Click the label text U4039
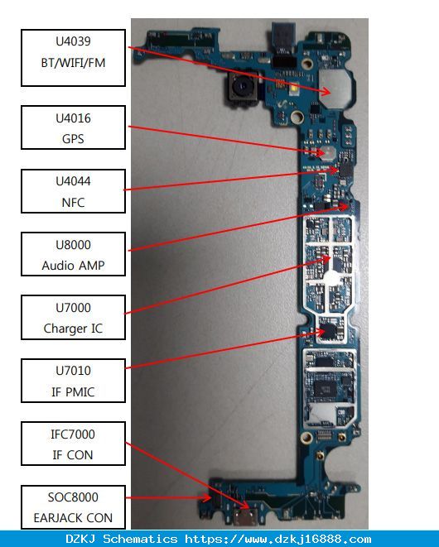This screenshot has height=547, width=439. [x=73, y=41]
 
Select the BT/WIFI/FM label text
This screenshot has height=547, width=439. [x=73, y=63]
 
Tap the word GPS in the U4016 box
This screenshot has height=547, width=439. [x=73, y=139]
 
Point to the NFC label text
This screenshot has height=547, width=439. [x=73, y=203]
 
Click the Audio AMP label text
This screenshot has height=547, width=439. [x=73, y=266]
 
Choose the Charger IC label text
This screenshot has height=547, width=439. [x=73, y=329]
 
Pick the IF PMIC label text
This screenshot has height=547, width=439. [x=73, y=391]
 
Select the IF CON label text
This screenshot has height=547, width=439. [x=73, y=455]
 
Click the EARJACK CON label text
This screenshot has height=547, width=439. [x=73, y=518]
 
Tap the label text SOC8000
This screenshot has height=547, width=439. [x=73, y=497]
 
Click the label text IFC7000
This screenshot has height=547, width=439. [x=73, y=434]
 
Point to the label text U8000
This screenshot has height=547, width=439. [x=73, y=245]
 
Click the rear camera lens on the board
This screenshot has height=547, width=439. [x=243, y=86]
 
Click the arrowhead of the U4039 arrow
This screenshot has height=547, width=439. [x=327, y=92]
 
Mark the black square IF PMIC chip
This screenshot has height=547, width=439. [x=329, y=330]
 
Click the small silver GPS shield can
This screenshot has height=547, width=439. [x=328, y=152]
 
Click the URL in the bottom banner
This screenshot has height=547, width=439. [x=278, y=540]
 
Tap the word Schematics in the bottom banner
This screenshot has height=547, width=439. [x=140, y=539]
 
